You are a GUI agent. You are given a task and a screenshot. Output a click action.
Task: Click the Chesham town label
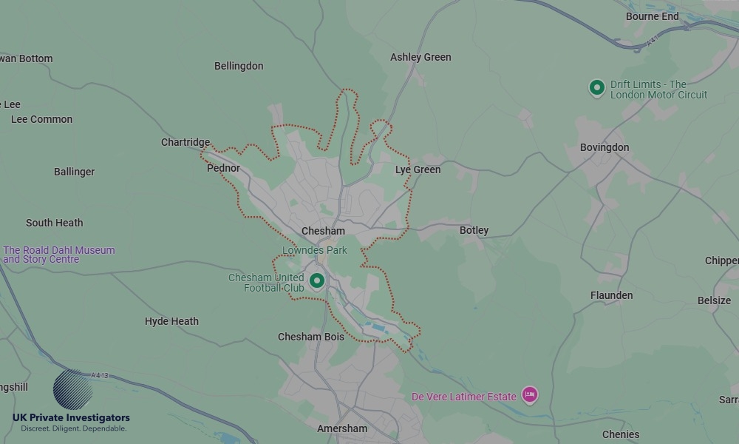323,231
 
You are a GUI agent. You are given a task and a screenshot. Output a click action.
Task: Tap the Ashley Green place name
420,57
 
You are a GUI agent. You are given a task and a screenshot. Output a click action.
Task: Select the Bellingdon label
239,66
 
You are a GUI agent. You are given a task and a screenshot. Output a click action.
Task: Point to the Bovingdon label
605,147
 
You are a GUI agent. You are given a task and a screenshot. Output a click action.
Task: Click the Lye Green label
418,169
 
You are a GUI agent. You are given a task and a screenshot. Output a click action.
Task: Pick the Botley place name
474,230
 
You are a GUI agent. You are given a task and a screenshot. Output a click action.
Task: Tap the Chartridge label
185,142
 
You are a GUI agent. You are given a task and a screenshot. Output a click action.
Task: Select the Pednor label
223,168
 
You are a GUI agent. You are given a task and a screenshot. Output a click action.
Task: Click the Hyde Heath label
171,321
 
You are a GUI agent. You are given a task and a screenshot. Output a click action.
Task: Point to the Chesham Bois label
311,337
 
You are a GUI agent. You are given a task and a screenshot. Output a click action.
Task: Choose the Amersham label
342,428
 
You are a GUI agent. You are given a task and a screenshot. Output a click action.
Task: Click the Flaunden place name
611,295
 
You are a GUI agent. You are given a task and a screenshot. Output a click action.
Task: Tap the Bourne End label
652,16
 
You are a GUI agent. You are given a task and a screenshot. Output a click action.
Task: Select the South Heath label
54,223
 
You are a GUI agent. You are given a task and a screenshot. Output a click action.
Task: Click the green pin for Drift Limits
597,88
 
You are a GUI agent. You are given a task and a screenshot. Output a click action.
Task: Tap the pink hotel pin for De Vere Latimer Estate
529,395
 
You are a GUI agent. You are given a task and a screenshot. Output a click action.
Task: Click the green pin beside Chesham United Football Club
317,280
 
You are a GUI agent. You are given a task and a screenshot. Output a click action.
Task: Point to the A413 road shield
100,376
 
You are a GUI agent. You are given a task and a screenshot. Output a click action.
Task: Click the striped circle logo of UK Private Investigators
73,389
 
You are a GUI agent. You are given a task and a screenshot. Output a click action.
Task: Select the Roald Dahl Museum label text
59,255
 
